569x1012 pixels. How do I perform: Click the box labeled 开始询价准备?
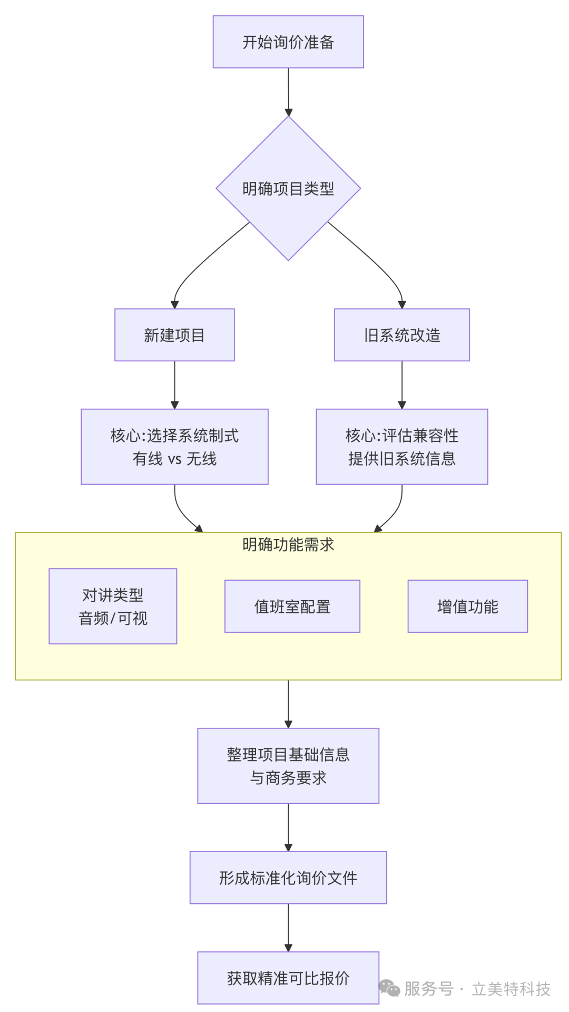click(x=288, y=42)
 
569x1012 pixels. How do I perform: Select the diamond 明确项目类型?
click(x=288, y=188)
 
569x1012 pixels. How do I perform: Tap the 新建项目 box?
click(x=174, y=335)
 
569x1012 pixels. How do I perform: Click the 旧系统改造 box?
click(x=401, y=335)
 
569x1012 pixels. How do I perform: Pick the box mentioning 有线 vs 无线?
click(x=174, y=447)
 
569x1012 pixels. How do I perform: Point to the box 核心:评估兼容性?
click(x=401, y=447)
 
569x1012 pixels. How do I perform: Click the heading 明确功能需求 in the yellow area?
click(x=288, y=545)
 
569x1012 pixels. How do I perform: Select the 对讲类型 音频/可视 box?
click(x=113, y=606)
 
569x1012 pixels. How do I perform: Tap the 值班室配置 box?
click(x=292, y=606)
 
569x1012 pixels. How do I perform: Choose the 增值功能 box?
click(x=467, y=606)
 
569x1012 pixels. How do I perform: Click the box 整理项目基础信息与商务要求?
click(x=288, y=766)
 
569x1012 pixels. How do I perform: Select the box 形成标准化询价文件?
click(x=288, y=878)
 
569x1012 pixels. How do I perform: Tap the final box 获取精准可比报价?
click(x=288, y=978)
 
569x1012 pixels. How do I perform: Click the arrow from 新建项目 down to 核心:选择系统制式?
click(x=174, y=385)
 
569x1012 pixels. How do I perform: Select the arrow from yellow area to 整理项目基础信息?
click(x=288, y=704)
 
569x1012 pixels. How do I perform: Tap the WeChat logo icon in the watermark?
click(x=389, y=988)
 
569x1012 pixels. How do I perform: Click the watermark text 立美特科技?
click(x=511, y=989)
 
